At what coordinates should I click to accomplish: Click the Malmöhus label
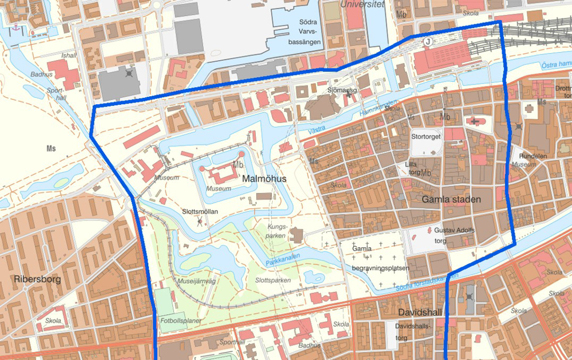264,179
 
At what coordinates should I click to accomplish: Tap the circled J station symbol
427,41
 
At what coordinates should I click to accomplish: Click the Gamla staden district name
451,199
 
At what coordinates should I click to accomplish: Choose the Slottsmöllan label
199,211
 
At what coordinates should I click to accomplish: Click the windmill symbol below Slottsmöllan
200,221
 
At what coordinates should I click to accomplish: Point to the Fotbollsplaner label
181,321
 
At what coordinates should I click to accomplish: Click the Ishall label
69,56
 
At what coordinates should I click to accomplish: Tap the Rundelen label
532,155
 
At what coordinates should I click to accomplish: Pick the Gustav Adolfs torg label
454,234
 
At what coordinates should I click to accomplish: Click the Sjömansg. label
342,90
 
